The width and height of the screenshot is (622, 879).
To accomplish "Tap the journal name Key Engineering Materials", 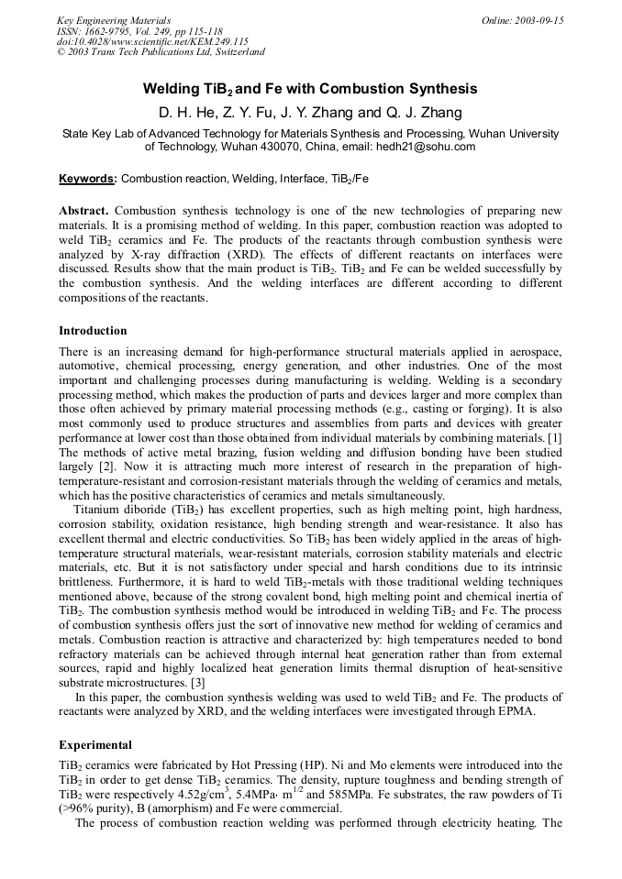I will click(x=115, y=20).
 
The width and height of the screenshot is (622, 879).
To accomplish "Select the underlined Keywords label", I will click(x=88, y=179).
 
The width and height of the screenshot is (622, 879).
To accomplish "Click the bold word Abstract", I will click(x=84, y=211).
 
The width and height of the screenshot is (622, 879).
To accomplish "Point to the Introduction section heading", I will click(x=93, y=330).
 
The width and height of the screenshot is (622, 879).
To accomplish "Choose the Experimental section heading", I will click(x=94, y=744).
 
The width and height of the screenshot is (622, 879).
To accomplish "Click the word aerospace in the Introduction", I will click(x=531, y=353).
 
